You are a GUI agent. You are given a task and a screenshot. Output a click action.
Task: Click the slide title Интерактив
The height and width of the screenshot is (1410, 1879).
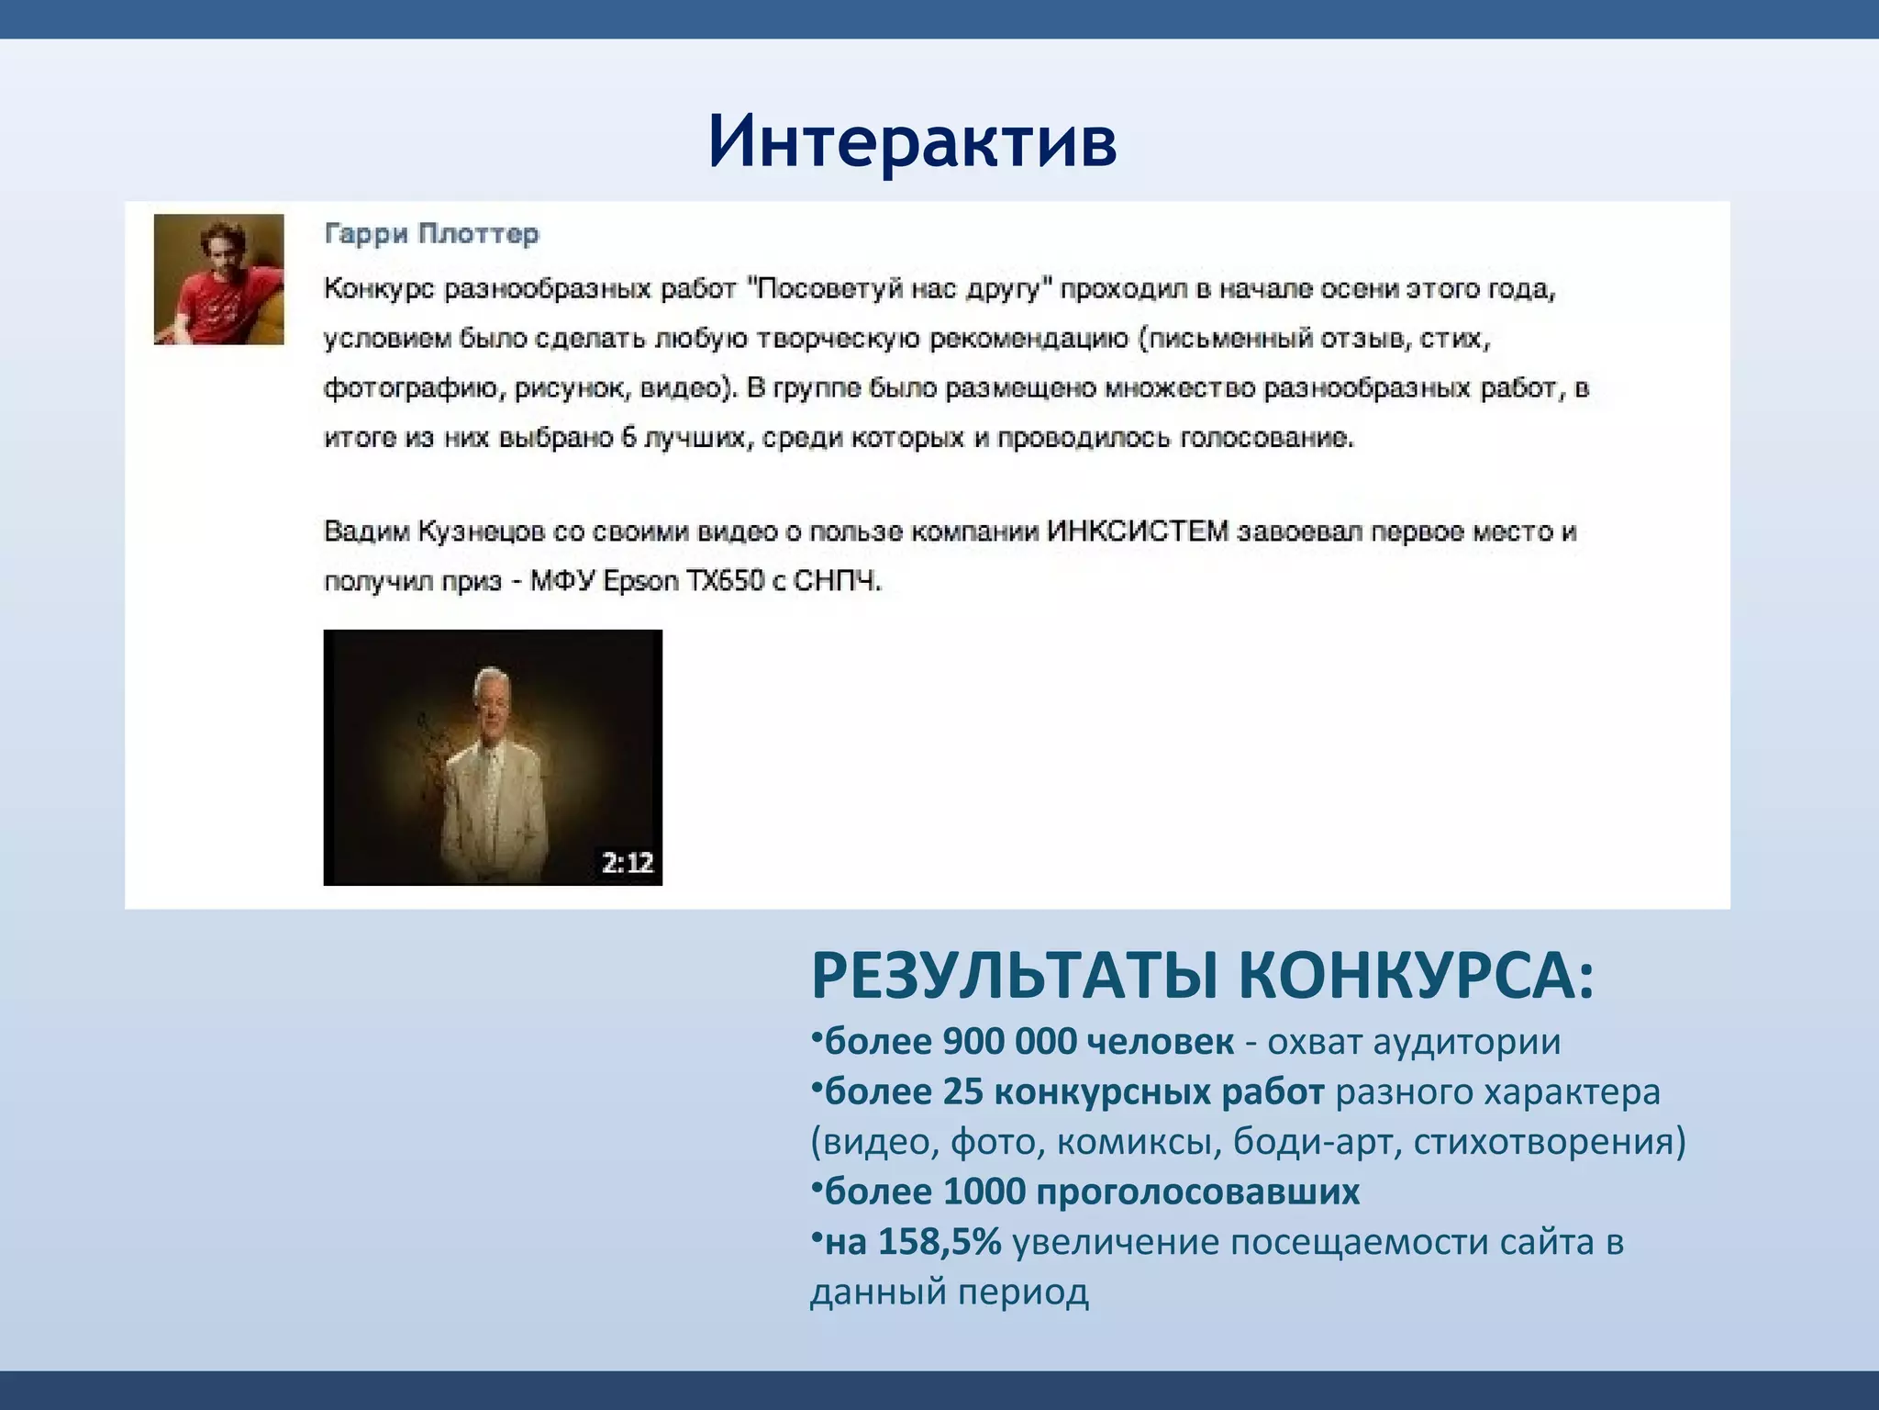click(x=913, y=142)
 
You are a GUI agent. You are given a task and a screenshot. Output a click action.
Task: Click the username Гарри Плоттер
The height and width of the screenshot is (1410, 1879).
click(x=431, y=234)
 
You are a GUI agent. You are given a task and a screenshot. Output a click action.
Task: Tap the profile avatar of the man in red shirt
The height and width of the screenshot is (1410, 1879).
click(x=218, y=279)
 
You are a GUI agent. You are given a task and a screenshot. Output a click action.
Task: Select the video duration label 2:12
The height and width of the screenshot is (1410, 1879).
click(x=628, y=863)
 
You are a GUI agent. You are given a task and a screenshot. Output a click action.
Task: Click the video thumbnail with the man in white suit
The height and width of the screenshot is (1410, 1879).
click(x=493, y=757)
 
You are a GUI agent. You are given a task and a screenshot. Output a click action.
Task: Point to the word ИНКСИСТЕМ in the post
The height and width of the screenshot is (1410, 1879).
click(x=1137, y=532)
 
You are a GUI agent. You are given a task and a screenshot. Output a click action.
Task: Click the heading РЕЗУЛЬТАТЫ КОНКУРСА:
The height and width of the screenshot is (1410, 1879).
click(x=1203, y=976)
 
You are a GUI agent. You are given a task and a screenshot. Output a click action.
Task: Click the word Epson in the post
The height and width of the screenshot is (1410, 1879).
click(x=640, y=581)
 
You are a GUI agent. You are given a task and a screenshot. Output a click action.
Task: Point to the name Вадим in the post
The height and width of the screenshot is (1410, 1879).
click(x=367, y=532)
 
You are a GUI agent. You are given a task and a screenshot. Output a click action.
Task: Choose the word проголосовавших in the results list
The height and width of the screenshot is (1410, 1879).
click(x=1198, y=1192)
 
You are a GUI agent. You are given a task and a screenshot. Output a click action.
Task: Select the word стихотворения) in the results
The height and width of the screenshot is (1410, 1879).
click(x=1550, y=1142)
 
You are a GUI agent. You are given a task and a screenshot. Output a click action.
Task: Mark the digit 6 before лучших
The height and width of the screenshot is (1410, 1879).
click(x=628, y=437)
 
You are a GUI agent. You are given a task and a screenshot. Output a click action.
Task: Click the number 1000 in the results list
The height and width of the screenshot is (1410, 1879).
click(x=984, y=1192)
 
